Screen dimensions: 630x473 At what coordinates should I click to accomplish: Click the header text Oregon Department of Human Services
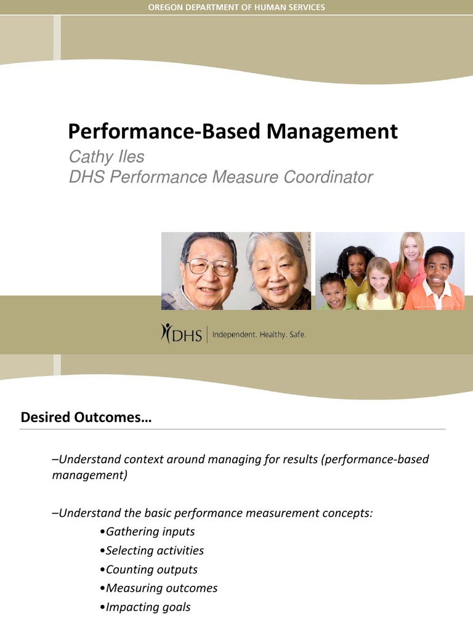click(236, 7)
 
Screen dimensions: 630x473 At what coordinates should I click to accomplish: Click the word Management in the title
click(333, 132)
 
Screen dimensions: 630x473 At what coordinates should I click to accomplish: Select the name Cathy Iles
click(106, 157)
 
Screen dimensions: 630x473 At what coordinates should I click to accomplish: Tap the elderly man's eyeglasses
click(210, 266)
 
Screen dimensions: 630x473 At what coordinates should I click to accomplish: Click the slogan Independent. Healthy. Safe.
click(259, 335)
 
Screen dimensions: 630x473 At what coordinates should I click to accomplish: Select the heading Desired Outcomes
click(86, 418)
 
